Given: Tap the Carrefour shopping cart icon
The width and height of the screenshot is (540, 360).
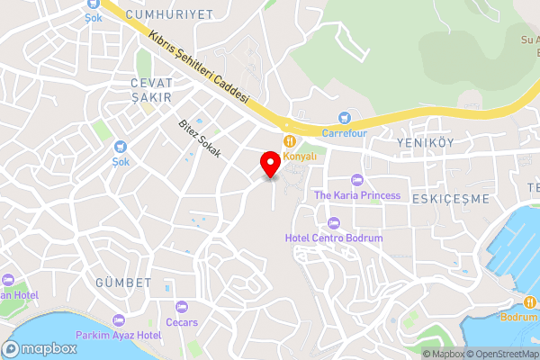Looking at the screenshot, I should pyautogui.click(x=344, y=117).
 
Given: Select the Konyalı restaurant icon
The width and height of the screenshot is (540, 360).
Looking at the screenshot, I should pyautogui.click(x=289, y=141).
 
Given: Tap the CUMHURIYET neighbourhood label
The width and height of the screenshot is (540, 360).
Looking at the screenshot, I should pyautogui.click(x=169, y=14).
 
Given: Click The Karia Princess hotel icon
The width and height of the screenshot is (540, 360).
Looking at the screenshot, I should pyautogui.click(x=357, y=180).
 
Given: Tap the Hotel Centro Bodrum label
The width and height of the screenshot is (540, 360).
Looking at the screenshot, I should pyautogui.click(x=334, y=238).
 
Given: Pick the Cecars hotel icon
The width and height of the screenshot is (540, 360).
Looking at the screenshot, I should pyautogui.click(x=181, y=307).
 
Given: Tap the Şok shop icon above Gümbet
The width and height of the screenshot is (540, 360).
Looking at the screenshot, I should pyautogui.click(x=121, y=147).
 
